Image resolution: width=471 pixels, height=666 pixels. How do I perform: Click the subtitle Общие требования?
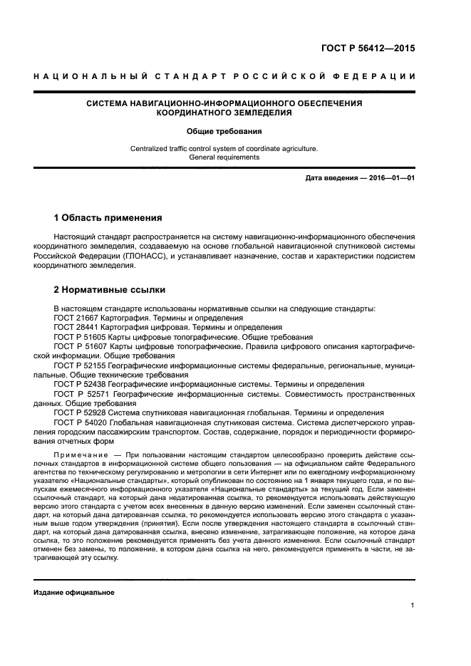click(224, 131)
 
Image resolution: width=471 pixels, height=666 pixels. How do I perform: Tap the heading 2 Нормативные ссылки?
click(110, 290)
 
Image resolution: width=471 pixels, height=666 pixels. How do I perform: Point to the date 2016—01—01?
click(389, 177)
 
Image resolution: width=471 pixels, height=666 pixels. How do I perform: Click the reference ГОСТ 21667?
click(77, 317)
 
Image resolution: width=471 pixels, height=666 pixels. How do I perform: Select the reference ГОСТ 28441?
click(77, 326)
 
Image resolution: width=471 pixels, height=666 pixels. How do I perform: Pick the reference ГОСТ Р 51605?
click(81, 335)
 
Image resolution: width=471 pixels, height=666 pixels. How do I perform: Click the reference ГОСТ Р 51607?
click(81, 345)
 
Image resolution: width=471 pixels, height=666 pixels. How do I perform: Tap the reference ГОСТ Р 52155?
click(81, 364)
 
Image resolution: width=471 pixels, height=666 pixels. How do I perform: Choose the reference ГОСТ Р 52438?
click(81, 383)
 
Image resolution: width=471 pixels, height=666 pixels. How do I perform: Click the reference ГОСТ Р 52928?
click(81, 412)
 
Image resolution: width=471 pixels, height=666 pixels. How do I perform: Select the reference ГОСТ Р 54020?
click(81, 421)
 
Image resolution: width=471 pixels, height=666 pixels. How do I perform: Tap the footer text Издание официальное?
click(74, 593)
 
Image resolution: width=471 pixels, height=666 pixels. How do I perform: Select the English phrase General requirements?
click(224, 157)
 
